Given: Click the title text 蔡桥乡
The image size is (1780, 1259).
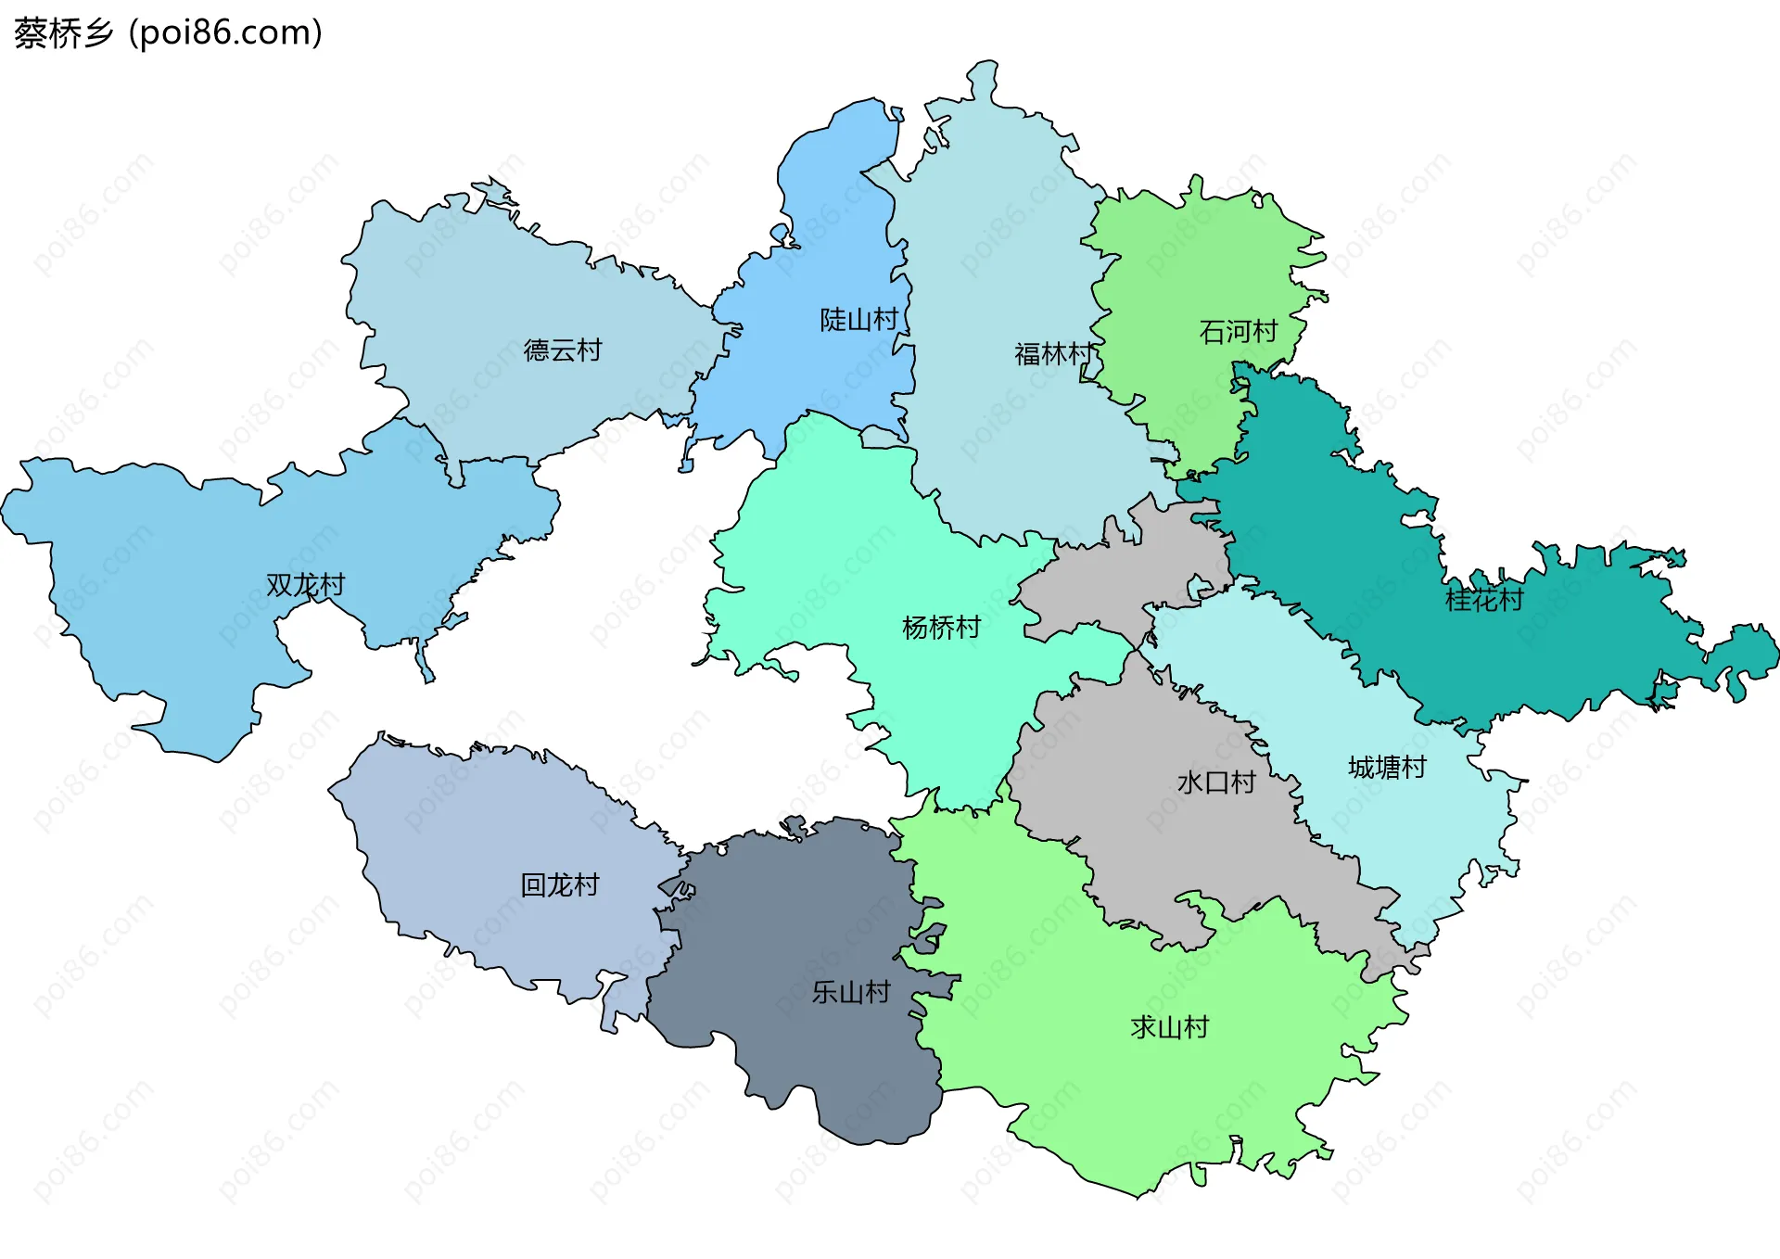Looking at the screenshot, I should (63, 33).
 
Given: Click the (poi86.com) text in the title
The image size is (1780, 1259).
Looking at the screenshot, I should (225, 33).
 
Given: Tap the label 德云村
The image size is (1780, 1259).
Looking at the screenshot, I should (563, 350).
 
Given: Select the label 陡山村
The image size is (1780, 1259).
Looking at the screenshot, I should (858, 320).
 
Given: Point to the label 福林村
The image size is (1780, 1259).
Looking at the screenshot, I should (1054, 354).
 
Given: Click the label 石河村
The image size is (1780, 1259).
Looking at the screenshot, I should (1238, 332).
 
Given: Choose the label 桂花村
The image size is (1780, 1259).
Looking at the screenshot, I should (1483, 601).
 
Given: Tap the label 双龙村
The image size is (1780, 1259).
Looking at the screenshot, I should (305, 585).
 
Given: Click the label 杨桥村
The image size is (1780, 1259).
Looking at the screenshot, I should (941, 628).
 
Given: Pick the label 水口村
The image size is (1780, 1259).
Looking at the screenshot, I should (1215, 782).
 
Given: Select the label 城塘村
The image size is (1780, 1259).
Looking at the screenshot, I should (1387, 768).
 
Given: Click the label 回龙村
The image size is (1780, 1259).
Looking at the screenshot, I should (559, 885).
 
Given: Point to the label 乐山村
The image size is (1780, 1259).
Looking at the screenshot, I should (850, 993).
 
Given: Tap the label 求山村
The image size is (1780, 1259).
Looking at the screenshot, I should (1169, 1027).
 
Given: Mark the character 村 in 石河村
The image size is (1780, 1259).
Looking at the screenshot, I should (1265, 332).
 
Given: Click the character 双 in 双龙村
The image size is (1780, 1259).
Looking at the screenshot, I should (279, 585).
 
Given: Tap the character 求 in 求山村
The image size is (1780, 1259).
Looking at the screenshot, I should (1143, 1027).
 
